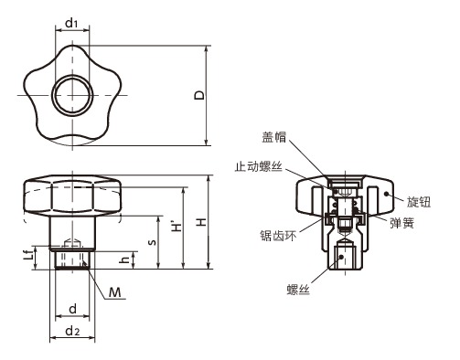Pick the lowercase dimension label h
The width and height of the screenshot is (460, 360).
[x=125, y=260]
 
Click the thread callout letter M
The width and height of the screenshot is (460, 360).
[x=116, y=291]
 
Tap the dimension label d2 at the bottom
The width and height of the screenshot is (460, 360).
[x=72, y=331]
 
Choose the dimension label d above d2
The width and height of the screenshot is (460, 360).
[x=72, y=309]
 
